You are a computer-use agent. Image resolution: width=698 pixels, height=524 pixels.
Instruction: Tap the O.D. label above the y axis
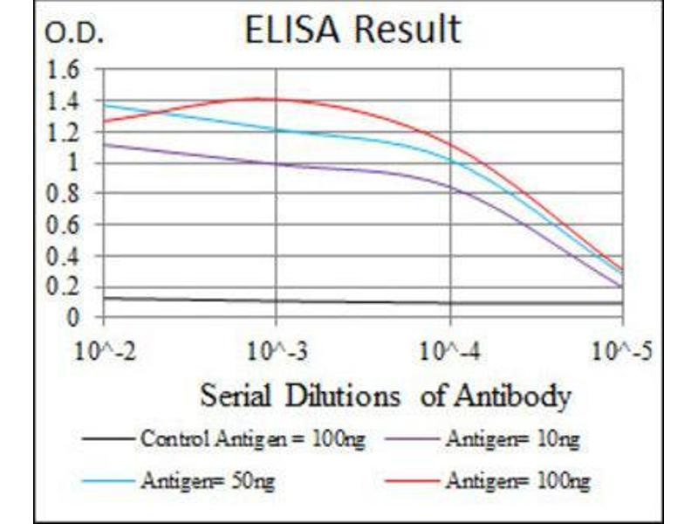click(74, 34)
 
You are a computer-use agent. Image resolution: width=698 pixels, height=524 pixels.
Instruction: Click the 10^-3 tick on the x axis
click(276, 354)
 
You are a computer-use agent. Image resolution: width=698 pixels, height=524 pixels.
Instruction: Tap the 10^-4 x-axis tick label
click(449, 354)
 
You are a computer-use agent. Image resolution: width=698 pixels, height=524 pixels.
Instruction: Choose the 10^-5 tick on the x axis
click(622, 354)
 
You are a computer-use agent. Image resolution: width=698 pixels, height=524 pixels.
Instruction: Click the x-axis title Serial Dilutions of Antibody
click(385, 396)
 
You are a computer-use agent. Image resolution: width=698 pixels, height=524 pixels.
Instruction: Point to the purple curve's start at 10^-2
click(105, 145)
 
